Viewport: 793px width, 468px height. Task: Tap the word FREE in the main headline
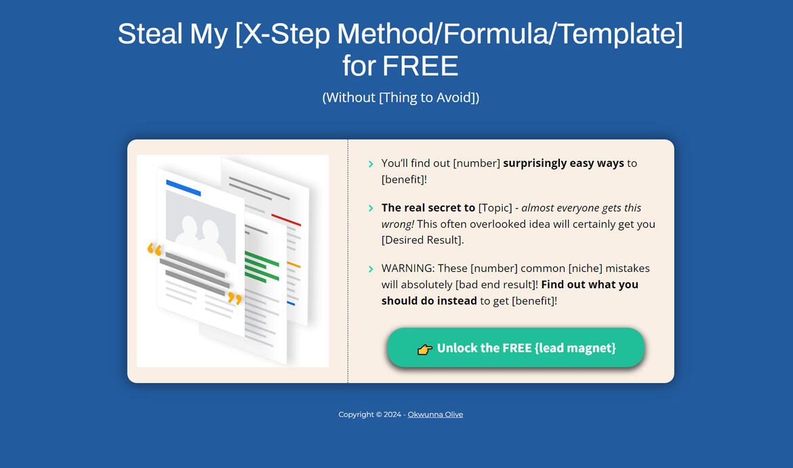420,66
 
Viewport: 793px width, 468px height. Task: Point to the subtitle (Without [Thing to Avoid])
401,98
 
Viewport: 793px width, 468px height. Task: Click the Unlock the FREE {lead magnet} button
515,348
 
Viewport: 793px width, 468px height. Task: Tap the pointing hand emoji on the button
425,349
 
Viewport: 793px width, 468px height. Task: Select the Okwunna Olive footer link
435,414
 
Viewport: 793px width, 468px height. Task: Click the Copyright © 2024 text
369,414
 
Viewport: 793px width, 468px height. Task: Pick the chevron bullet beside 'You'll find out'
371,164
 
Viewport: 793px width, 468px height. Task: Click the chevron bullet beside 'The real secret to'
371,208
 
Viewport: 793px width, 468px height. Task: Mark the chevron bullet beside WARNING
371,269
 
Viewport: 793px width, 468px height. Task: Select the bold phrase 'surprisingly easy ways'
563,163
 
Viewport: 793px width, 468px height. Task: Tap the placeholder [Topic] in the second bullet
495,208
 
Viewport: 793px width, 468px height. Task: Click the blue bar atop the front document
183,188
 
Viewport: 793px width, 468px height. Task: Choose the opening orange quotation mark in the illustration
155,250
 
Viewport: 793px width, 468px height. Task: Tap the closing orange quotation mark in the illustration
235,298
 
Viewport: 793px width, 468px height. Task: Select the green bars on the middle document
262,266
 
